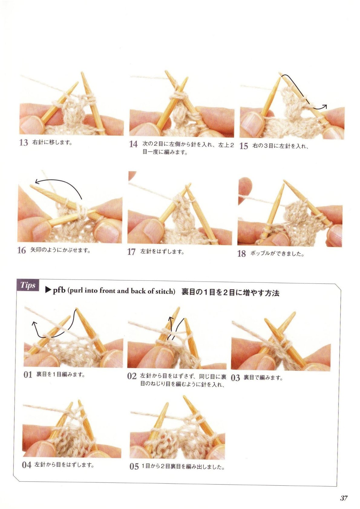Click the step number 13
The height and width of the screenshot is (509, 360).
pyautogui.click(x=24, y=143)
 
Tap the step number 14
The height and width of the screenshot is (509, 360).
pyautogui.click(x=133, y=144)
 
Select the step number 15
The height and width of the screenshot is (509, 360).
pyautogui.click(x=244, y=146)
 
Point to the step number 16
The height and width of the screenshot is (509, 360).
pyautogui.click(x=22, y=250)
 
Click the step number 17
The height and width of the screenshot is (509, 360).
pyautogui.click(x=132, y=252)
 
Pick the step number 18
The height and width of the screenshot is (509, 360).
pyautogui.click(x=242, y=253)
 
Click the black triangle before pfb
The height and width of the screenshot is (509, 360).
pyautogui.click(x=48, y=291)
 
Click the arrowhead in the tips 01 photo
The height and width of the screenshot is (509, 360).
pyautogui.click(x=34, y=323)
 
